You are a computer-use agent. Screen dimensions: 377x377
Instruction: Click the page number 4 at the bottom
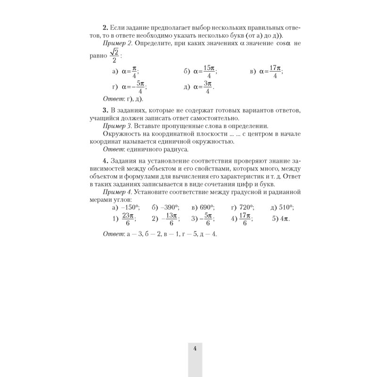[195, 349]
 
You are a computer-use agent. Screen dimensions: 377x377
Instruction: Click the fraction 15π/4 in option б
[208, 72]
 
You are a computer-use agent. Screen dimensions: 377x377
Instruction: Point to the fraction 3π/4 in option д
[206, 87]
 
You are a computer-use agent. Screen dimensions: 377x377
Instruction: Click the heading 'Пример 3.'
[118, 126]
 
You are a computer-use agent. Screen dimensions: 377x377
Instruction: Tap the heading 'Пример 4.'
[118, 192]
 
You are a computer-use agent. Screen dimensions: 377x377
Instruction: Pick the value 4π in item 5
[285, 219]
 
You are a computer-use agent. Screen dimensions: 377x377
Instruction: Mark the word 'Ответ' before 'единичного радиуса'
[112, 149]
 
